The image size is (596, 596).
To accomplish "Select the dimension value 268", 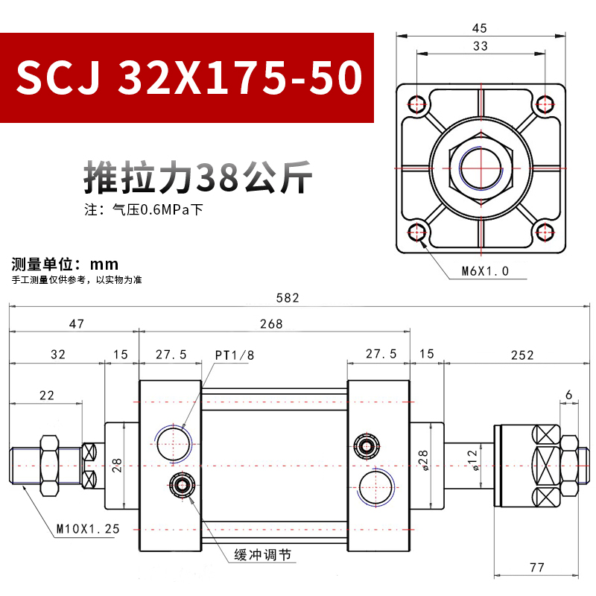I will coord(271,324).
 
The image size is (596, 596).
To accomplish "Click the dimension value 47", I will coord(76,324).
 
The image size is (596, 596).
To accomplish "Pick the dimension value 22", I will coord(46,396).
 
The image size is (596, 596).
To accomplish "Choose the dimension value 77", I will coord(536,568).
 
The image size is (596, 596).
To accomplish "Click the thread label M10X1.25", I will coord(88,530).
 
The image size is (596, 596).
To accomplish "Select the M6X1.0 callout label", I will coord(484,271).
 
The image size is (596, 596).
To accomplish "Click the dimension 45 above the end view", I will coord(480,28).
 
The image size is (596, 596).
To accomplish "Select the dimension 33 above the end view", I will coord(481,47).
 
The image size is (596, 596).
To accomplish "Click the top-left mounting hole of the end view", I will coord(418,103).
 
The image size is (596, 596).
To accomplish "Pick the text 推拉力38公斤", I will coord(195,177).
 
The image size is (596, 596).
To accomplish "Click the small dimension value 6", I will coord(568,394).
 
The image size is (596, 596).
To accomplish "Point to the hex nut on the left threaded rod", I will coord(51,466).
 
